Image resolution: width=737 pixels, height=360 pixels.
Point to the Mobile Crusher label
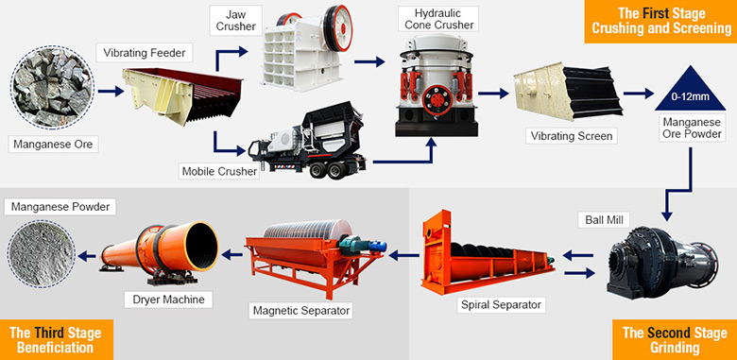click(x=217, y=171)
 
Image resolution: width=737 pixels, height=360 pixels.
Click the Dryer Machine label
click(x=163, y=299)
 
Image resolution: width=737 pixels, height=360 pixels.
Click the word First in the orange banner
click(x=667, y=12)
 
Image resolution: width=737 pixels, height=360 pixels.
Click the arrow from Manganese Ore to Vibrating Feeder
click(x=111, y=93)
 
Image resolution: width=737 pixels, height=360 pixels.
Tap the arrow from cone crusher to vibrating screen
click(x=491, y=93)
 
